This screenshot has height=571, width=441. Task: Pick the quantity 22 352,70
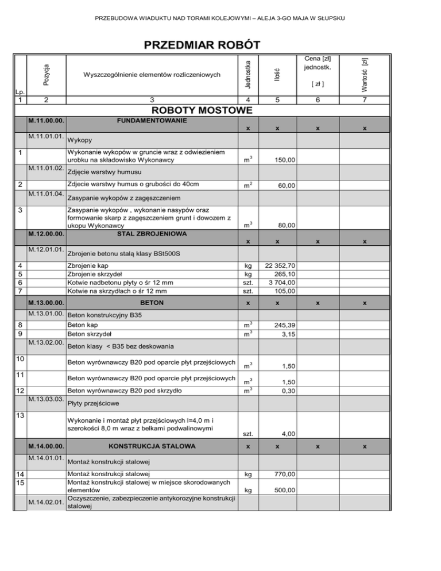point(277,266)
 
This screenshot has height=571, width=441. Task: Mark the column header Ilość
point(277,73)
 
